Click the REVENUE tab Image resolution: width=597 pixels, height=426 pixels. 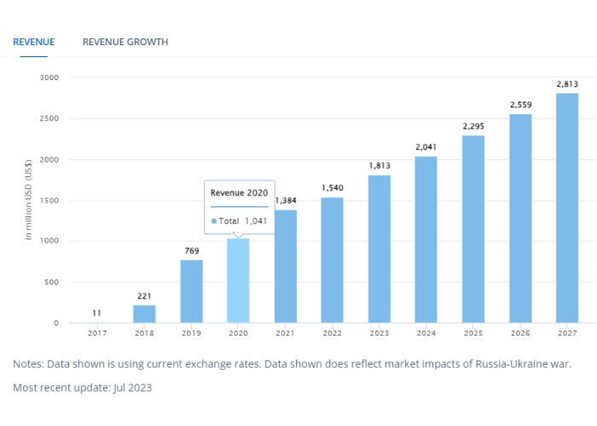pos(33,42)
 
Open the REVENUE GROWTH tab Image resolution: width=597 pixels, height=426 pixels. pos(125,42)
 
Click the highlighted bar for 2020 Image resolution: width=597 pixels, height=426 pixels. pos(238,281)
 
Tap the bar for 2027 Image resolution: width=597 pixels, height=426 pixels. pos(567,208)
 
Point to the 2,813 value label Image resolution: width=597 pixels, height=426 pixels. pos(567,83)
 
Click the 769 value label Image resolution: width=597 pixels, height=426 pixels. pos(191,250)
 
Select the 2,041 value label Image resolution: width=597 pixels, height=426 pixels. pos(426,147)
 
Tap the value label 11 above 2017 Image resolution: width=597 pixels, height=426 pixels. pos(97,314)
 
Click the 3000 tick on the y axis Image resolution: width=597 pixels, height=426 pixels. pos(49,78)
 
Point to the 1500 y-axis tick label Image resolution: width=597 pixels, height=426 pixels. pos(49,201)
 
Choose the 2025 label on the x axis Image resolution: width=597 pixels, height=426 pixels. pos(473,332)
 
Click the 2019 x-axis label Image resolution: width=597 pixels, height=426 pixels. pos(191,332)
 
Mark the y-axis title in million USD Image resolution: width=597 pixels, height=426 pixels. pos(28,199)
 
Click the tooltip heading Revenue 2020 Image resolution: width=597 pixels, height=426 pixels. pos(240,193)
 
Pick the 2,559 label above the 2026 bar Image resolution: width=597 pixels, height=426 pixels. pos(520,105)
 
